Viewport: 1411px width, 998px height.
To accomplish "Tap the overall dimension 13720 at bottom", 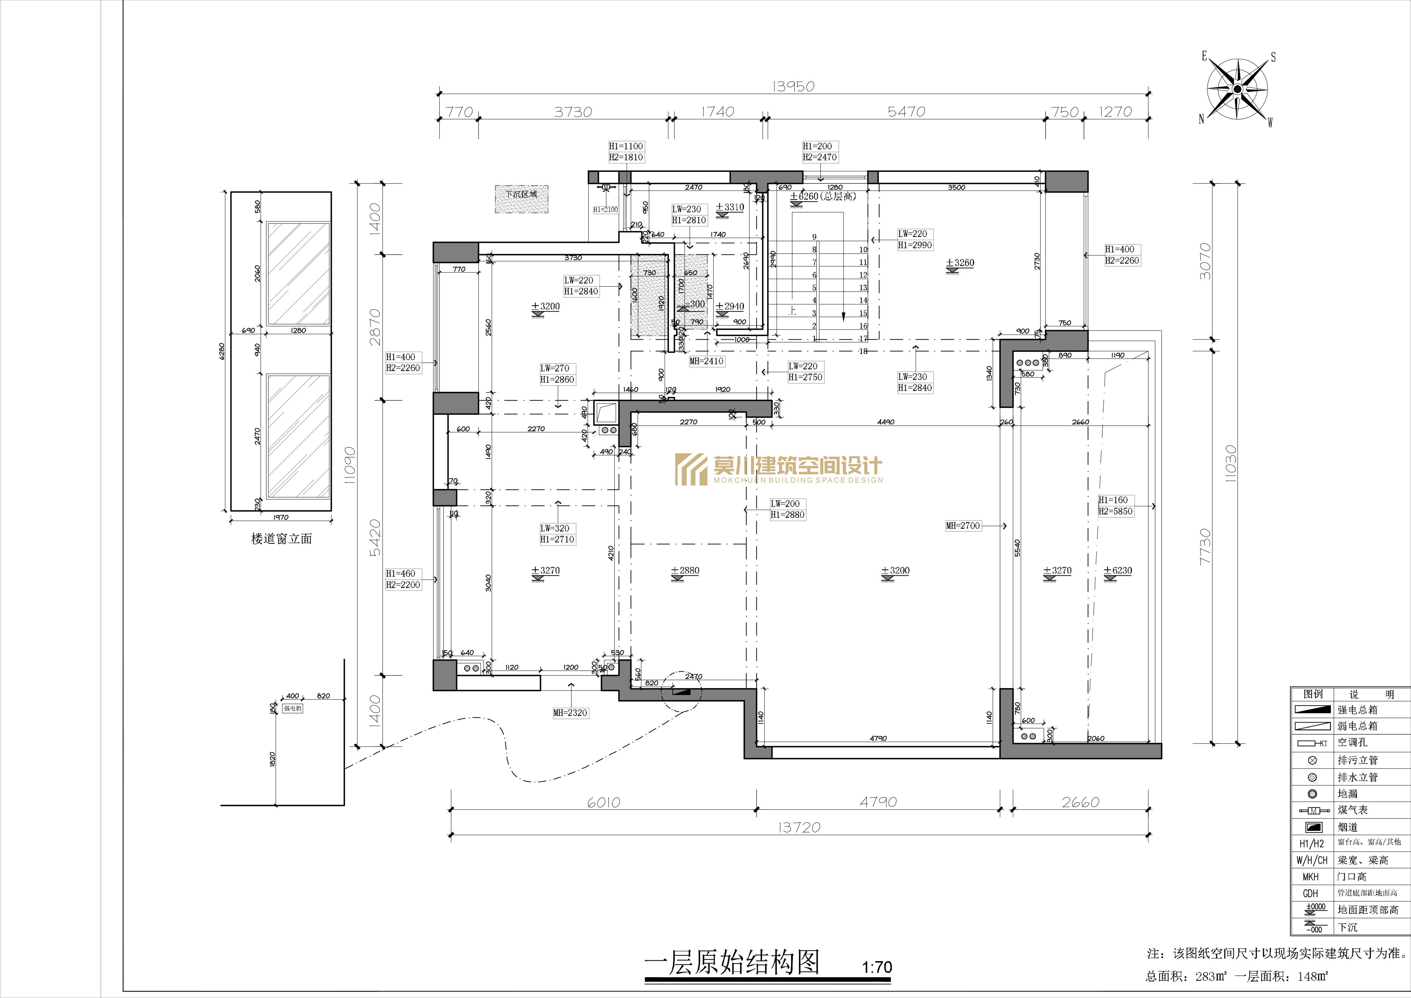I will coord(799,827).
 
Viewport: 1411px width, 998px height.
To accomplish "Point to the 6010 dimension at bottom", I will coord(603,802).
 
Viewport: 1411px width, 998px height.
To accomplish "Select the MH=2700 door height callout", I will coord(963,526).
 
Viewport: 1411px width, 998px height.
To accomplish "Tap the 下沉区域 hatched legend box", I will coord(521,199).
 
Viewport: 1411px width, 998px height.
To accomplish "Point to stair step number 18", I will coord(863,351).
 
